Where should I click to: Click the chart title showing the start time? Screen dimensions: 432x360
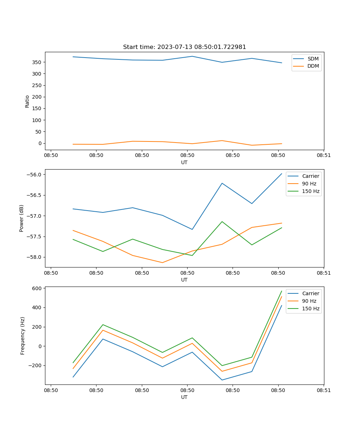184,47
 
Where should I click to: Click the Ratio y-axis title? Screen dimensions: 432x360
27,101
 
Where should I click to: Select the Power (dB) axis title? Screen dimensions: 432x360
22,218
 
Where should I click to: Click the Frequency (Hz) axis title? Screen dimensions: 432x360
22,336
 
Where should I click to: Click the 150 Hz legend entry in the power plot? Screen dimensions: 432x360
310,191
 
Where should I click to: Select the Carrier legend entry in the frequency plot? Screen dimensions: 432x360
310,293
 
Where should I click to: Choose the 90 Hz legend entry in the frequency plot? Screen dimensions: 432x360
309,301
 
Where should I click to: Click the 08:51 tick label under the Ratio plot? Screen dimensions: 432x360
324,155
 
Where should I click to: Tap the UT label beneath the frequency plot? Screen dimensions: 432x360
184,397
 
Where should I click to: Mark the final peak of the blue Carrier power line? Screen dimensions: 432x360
282,174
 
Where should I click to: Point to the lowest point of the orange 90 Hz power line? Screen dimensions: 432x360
162,262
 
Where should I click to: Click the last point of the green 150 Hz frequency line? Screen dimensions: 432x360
282,291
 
